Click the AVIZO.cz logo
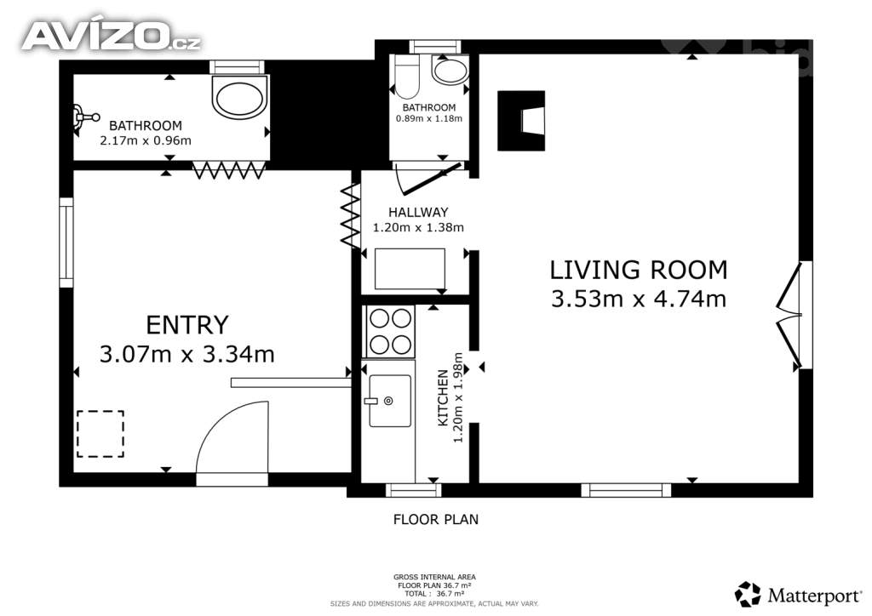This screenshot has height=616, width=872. click(x=111, y=36)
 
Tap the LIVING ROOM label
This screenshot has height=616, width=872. click(x=638, y=270)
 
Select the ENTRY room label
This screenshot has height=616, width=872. click(x=187, y=325)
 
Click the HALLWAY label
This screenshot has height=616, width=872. click(x=418, y=212)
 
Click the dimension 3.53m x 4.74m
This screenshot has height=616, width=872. click(x=638, y=299)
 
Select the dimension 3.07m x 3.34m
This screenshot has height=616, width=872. click(x=187, y=354)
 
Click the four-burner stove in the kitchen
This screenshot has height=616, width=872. click(x=389, y=331)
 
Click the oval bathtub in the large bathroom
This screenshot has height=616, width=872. click(x=242, y=97)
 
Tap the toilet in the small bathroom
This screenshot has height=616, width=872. click(x=407, y=78)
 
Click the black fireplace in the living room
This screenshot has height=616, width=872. click(x=521, y=120)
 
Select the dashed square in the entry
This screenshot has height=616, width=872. click(x=100, y=434)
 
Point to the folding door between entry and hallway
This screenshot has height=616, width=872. click(x=349, y=217)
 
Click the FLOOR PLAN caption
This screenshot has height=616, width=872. click(x=435, y=519)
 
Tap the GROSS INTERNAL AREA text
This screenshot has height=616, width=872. click(x=435, y=577)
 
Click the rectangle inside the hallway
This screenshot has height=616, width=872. click(x=410, y=269)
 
